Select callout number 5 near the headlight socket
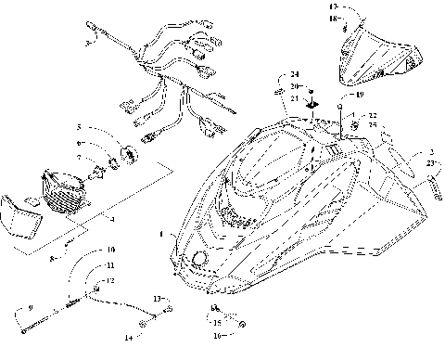80,126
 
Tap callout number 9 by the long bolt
32,307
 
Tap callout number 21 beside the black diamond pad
293,98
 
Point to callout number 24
295,74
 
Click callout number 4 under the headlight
111,219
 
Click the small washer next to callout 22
354,123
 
